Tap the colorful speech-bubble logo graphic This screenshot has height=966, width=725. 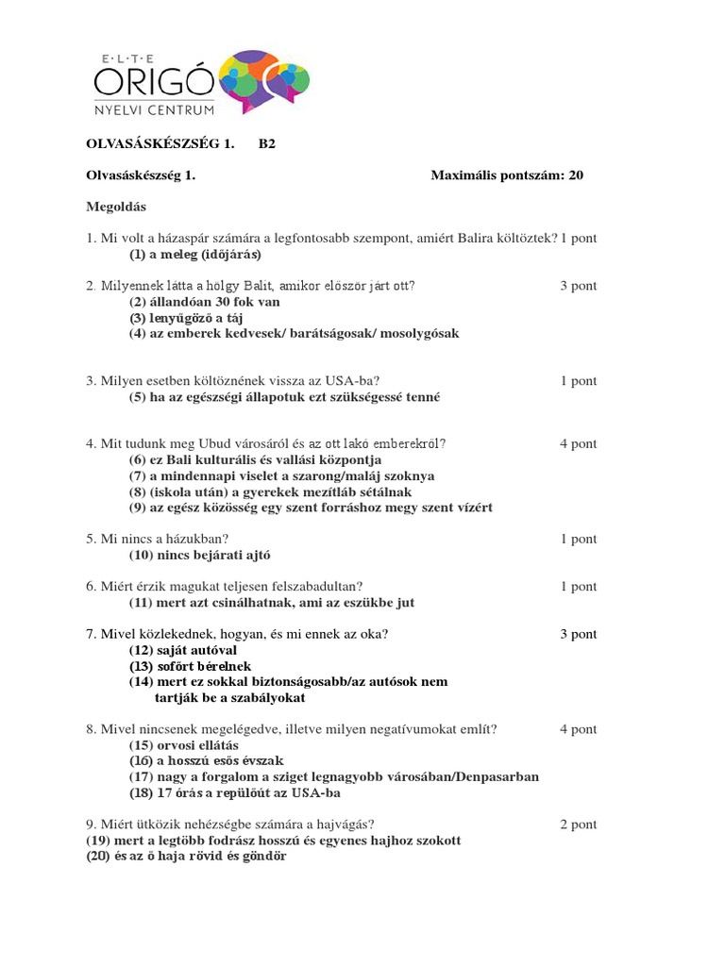[x=263, y=80]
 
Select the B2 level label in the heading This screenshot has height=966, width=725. [x=267, y=144]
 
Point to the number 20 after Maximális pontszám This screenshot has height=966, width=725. [x=576, y=175]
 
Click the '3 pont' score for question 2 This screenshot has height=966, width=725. [x=578, y=286]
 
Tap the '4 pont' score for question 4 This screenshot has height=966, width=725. [x=578, y=443]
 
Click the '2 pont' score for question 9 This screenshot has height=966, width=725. [x=578, y=824]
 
